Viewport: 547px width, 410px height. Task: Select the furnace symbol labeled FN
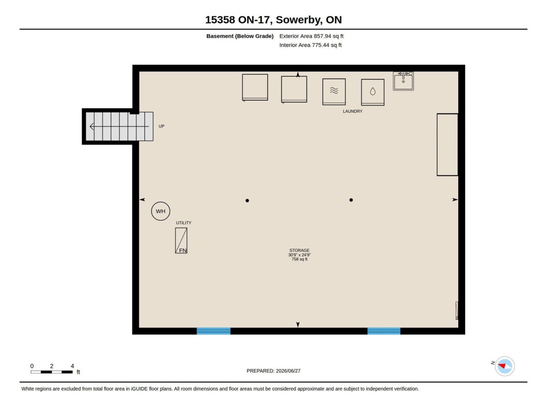point(181,240)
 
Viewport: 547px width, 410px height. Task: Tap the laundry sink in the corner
point(403,81)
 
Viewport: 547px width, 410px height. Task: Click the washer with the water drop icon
point(372,92)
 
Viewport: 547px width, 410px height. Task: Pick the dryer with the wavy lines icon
point(334,92)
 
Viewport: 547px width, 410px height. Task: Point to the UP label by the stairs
point(161,126)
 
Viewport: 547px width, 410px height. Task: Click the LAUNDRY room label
point(353,111)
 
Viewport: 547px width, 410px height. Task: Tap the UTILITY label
point(183,223)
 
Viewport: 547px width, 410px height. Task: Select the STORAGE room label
point(299,250)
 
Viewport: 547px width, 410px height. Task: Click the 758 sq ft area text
point(300,259)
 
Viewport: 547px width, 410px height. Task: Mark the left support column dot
point(247,201)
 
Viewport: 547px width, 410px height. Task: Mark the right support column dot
point(351,200)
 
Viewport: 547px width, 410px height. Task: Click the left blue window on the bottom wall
point(213,331)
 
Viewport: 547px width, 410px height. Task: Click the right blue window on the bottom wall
point(384,331)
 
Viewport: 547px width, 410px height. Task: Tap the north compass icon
point(505,366)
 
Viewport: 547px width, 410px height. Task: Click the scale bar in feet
point(52,372)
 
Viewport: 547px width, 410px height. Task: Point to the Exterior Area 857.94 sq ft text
point(311,36)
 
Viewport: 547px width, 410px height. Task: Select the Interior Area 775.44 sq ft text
point(311,45)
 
